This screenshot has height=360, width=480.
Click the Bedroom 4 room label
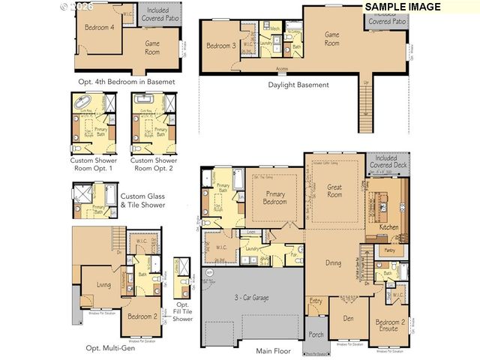(x=100, y=27)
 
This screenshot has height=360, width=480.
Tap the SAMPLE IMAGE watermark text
(x=402, y=6)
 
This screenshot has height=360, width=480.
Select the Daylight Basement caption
(x=298, y=85)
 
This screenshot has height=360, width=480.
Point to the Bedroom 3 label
(x=221, y=46)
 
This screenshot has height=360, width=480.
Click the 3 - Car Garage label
(x=252, y=298)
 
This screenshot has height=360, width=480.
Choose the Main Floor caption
(x=273, y=350)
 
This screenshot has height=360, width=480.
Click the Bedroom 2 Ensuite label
(x=391, y=325)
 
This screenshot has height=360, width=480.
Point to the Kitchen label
(x=388, y=226)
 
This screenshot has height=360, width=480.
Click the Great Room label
(x=334, y=191)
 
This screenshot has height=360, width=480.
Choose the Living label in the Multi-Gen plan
(x=104, y=284)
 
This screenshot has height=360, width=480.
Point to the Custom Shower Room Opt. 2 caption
(x=154, y=164)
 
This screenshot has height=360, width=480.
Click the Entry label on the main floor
(x=316, y=301)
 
